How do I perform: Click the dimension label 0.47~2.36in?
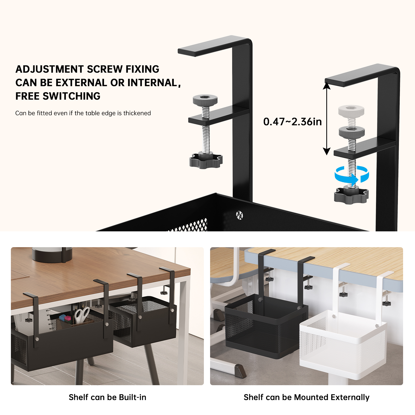(x=292, y=122)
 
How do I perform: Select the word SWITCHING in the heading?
(x=72, y=96)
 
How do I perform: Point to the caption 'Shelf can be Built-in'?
(x=107, y=397)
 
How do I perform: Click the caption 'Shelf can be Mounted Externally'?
(x=307, y=397)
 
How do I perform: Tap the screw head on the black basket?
(x=239, y=215)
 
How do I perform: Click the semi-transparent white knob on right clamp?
(x=351, y=111)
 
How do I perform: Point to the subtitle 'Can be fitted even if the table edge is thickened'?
(x=83, y=113)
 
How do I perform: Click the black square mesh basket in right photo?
(x=266, y=327)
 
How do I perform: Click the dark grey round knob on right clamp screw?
(x=352, y=132)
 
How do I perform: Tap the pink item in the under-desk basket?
(x=68, y=318)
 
